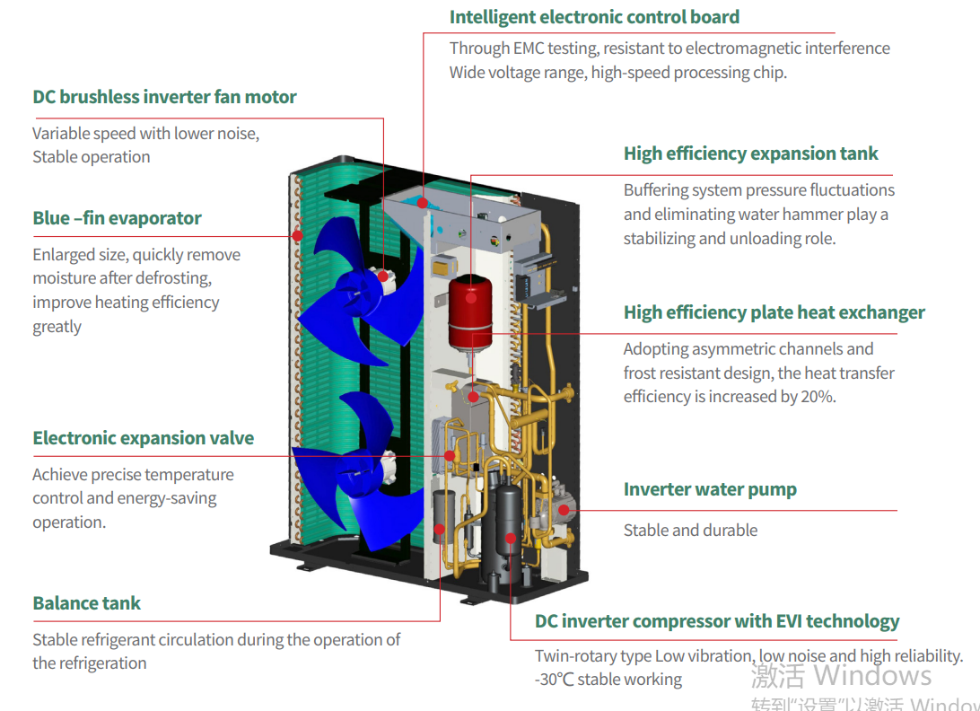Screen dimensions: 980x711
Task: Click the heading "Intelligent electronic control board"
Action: click(x=594, y=17)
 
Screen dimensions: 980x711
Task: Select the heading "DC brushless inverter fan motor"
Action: click(x=164, y=97)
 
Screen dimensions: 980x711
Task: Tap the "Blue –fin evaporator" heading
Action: click(x=117, y=218)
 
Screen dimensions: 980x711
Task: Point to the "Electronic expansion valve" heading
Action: click(x=143, y=438)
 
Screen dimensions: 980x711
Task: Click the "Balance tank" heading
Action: click(x=86, y=602)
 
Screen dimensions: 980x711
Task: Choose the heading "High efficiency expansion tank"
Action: click(x=750, y=154)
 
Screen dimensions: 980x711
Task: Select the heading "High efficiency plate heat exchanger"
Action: click(x=774, y=312)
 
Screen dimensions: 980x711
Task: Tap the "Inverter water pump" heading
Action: click(x=710, y=489)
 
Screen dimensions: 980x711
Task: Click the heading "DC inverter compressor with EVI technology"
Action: click(x=717, y=621)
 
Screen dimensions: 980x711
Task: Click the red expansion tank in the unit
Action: click(x=470, y=312)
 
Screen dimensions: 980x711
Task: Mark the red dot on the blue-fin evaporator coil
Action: click(x=298, y=235)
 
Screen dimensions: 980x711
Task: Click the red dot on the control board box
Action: click(x=423, y=203)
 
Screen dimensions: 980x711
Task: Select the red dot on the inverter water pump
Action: click(x=563, y=510)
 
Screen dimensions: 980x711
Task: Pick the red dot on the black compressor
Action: click(x=511, y=538)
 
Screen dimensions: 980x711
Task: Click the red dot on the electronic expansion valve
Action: click(x=450, y=456)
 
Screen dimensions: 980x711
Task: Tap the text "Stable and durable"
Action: click(x=691, y=531)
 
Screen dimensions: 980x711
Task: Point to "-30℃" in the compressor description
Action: click(x=554, y=679)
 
